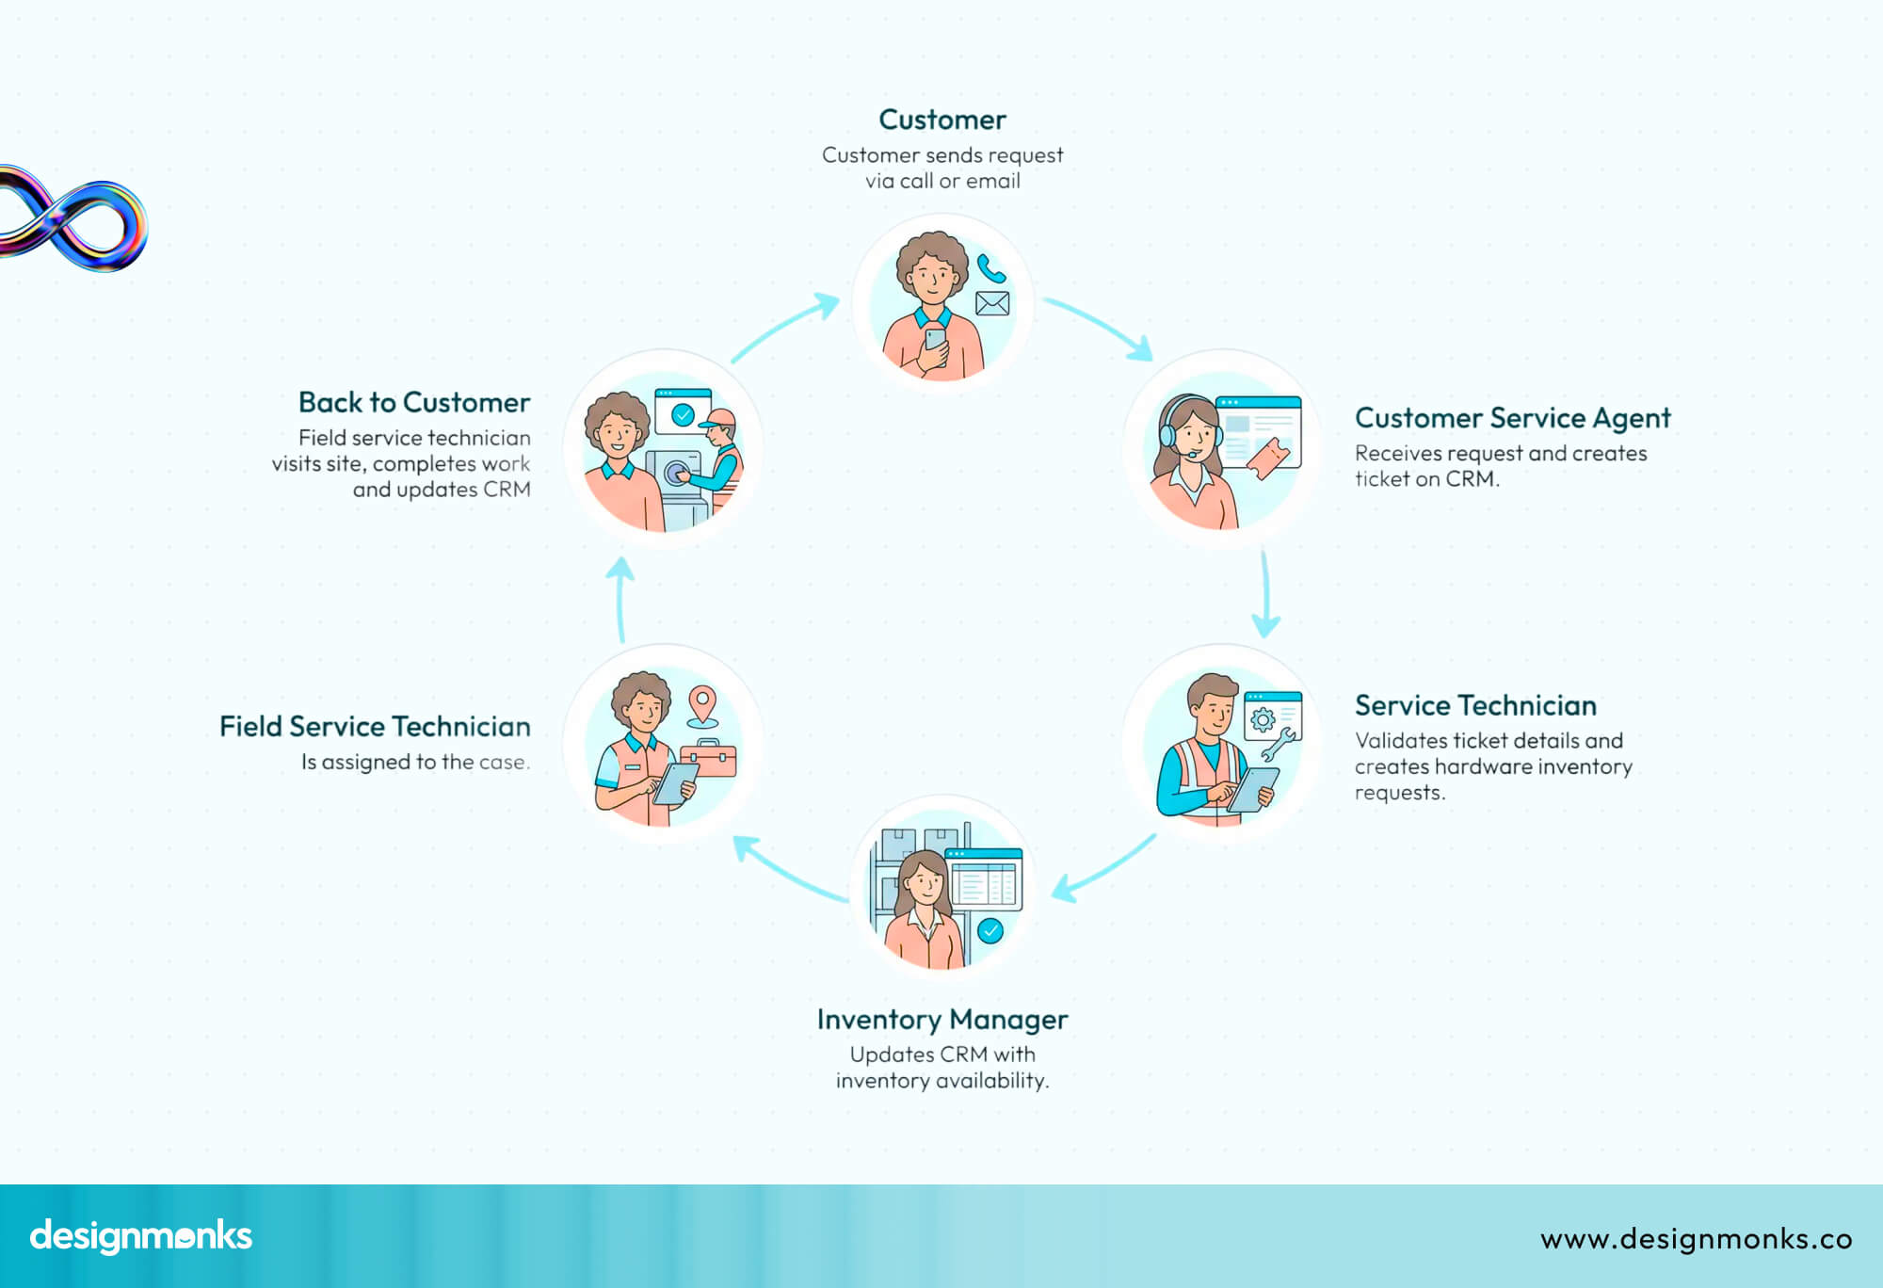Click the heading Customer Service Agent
(x=1512, y=418)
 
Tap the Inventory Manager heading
(x=941, y=1020)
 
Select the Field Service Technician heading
(x=375, y=727)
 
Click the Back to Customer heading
(x=414, y=403)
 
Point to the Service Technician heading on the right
(x=1475, y=706)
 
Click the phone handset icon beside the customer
(x=990, y=269)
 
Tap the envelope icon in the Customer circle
(x=992, y=303)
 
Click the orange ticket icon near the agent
(x=1266, y=459)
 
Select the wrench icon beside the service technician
(x=1278, y=746)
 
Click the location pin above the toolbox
(x=702, y=704)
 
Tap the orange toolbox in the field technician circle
(x=708, y=759)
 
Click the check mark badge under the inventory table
(x=990, y=931)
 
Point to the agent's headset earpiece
(x=1167, y=435)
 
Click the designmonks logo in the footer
(x=141, y=1236)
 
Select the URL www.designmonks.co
(x=1696, y=1239)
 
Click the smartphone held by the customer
(x=935, y=340)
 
